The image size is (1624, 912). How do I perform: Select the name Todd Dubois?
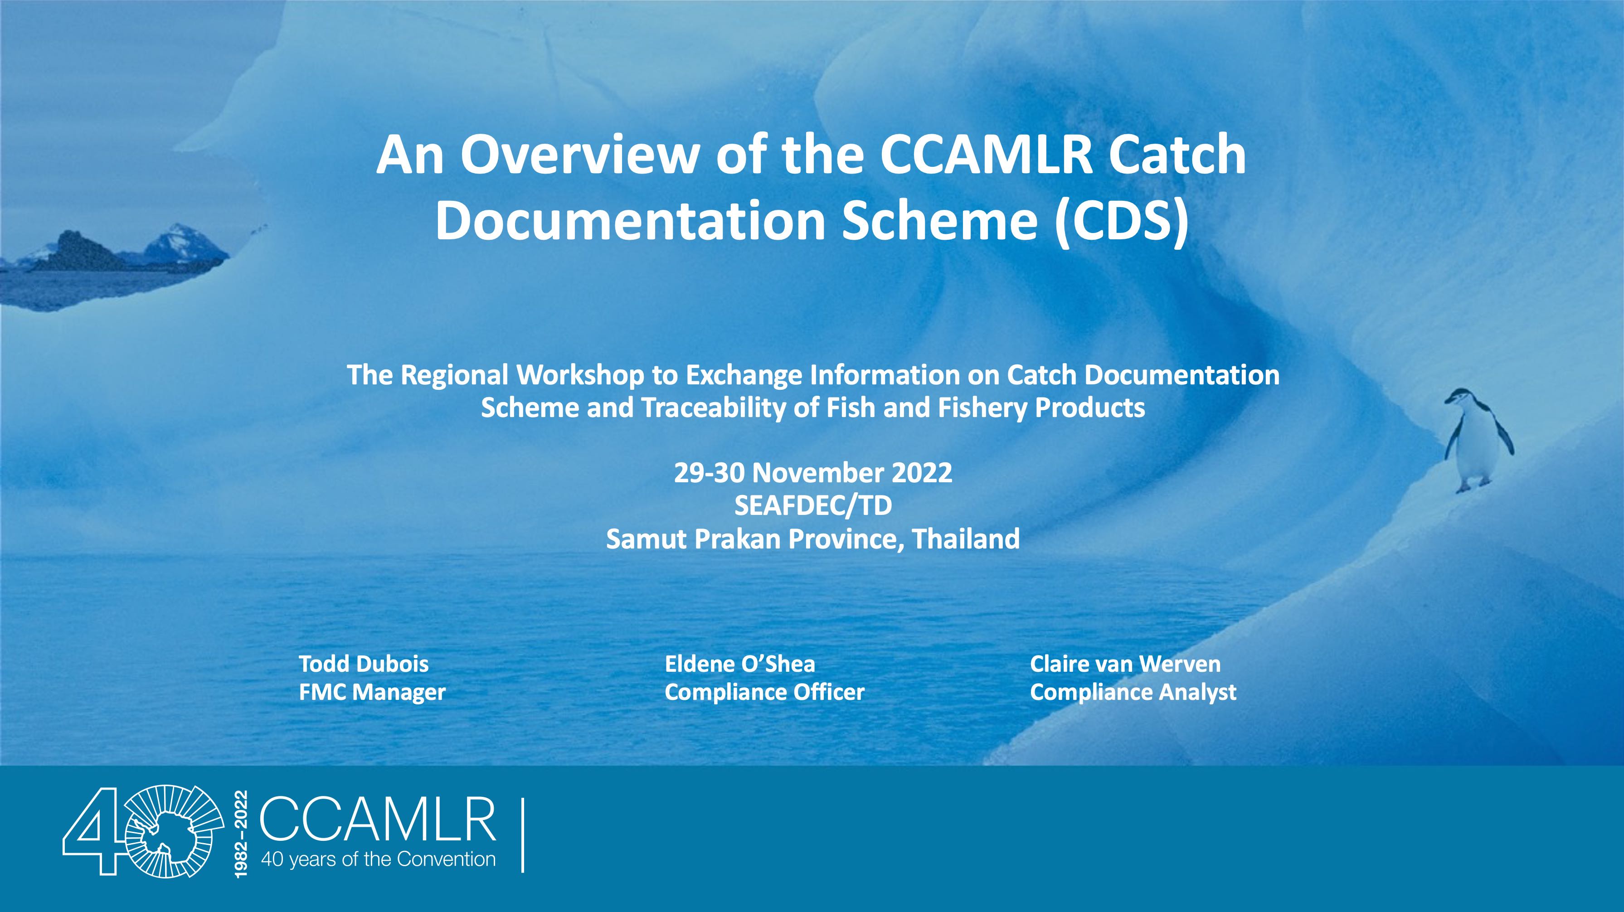[364, 664]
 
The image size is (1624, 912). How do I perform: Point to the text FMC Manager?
[372, 692]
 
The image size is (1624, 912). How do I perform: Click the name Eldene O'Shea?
[739, 664]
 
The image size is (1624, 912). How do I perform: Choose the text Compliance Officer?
[764, 692]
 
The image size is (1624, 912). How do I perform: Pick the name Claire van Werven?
[1125, 664]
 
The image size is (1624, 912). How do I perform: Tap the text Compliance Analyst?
[1133, 692]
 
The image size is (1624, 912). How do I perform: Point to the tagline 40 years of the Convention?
[378, 860]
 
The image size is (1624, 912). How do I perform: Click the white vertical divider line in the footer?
[523, 835]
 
